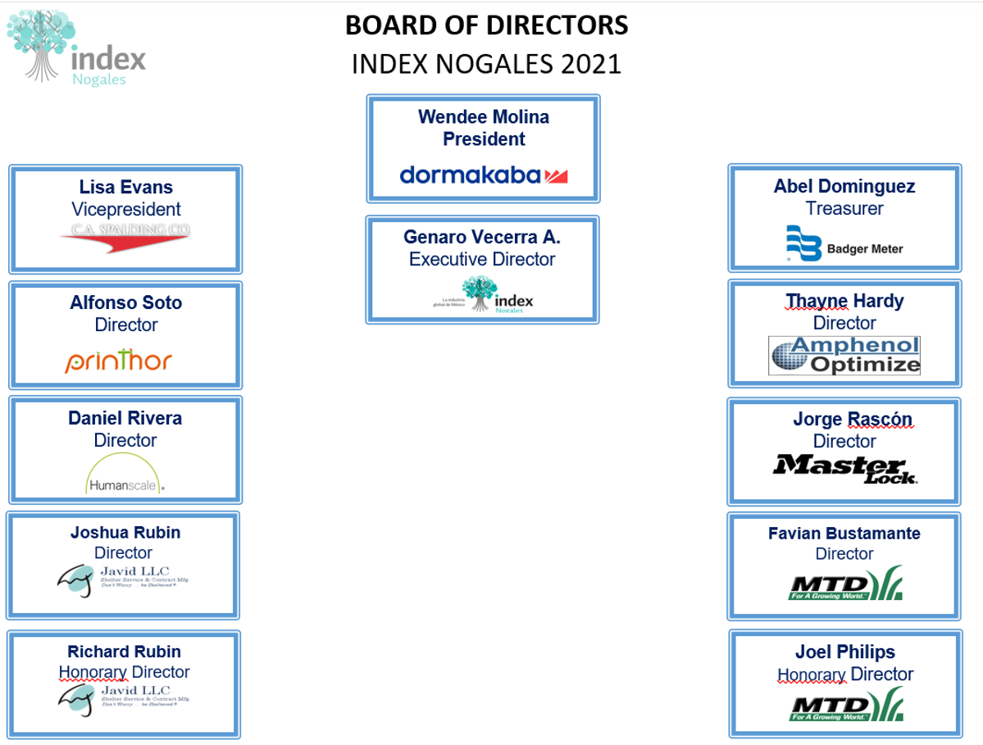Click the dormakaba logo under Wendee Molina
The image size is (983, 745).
click(x=484, y=175)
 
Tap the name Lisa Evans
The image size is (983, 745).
click(x=125, y=187)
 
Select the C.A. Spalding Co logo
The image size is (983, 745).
click(x=125, y=236)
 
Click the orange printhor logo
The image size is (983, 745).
click(x=119, y=361)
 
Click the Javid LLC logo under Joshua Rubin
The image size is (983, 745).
click(x=123, y=579)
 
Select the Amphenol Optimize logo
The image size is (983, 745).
click(x=844, y=355)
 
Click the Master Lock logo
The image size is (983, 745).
click(x=844, y=468)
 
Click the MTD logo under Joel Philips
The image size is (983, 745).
click(x=845, y=704)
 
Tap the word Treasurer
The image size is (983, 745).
click(x=844, y=208)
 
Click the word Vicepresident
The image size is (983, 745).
click(x=125, y=209)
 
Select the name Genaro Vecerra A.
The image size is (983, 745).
click(x=482, y=237)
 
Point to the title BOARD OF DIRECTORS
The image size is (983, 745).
click(x=486, y=25)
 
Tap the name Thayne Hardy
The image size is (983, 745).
click(x=844, y=301)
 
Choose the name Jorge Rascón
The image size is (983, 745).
click(x=852, y=419)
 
